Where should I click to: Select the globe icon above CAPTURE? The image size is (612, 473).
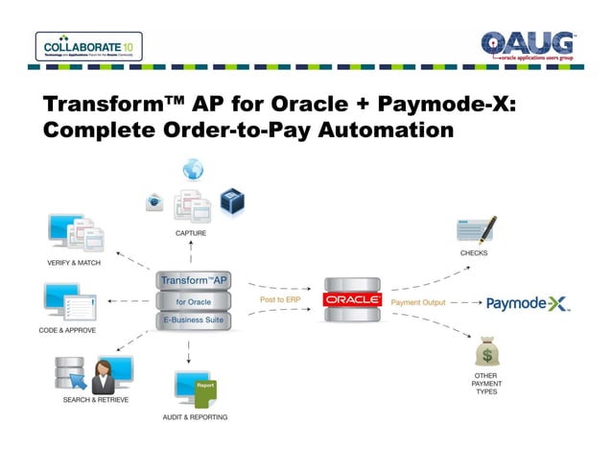(x=193, y=170)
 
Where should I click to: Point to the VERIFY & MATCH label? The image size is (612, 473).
(x=75, y=262)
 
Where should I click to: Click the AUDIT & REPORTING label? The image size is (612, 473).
(x=195, y=417)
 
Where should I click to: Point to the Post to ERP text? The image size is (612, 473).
(x=280, y=300)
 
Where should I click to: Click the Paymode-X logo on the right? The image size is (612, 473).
(x=528, y=303)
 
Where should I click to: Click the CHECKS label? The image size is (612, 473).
(x=474, y=253)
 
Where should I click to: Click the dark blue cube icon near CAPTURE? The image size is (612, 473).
(x=231, y=200)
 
